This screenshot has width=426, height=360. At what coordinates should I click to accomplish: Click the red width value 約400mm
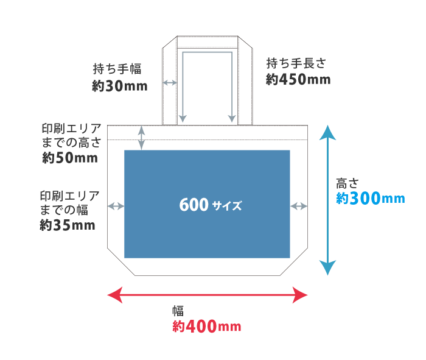pos(207,327)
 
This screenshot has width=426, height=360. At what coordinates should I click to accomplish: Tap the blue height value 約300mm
pos(370,199)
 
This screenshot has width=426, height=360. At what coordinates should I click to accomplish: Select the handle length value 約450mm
pos(298,79)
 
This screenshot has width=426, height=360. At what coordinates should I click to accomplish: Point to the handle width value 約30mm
pos(120,86)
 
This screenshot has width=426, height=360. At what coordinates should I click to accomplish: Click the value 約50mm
pos(70,158)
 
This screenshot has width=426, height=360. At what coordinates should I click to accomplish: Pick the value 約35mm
pos(68,225)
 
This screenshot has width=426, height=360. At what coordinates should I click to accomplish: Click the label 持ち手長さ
pos(297,63)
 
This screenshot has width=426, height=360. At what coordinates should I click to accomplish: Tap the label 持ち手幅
pos(117,68)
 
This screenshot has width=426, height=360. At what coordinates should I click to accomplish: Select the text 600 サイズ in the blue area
pos(211,205)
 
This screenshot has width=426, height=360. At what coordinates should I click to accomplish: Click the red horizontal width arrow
pos(208,296)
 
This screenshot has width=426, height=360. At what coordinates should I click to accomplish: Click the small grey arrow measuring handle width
pos(170,82)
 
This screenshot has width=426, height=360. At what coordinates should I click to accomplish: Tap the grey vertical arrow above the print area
pos(142,138)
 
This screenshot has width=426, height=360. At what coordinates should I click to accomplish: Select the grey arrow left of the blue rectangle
pos(116,206)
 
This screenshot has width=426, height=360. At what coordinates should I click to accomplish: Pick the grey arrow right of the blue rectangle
pos(299,206)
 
